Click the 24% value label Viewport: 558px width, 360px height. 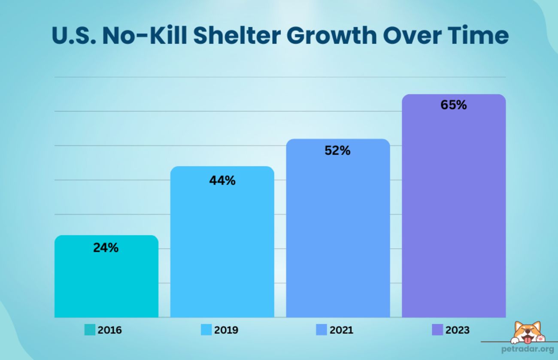point(106,248)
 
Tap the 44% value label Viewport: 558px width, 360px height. point(222,181)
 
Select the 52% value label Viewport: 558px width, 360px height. point(337,151)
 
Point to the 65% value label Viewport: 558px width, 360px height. point(453,105)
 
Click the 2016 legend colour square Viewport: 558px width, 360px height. point(90,330)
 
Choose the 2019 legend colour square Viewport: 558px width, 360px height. point(206,330)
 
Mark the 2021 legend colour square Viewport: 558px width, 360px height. point(321,330)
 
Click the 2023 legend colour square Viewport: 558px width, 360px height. point(437,330)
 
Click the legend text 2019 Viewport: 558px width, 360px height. point(226,330)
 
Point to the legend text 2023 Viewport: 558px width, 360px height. point(458,330)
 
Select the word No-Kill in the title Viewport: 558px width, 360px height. point(144,36)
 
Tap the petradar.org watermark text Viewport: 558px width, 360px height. point(527,349)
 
